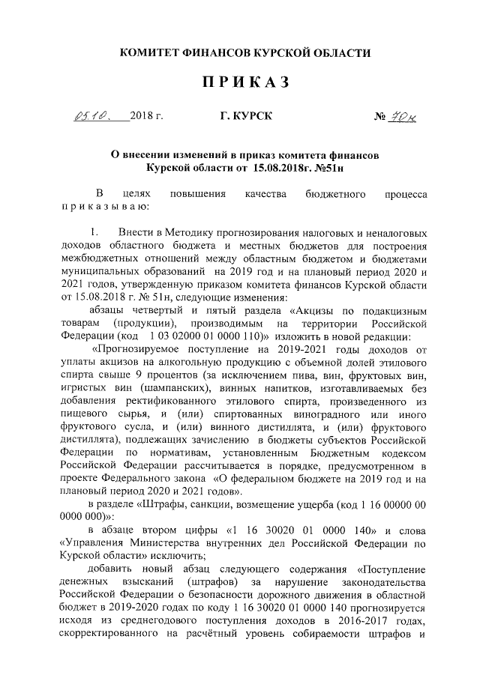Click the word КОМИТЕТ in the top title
(x=153, y=52)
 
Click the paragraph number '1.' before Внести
(x=95, y=234)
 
